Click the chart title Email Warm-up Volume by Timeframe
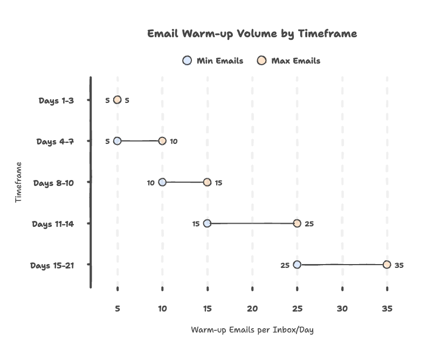(x=252, y=34)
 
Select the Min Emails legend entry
(x=213, y=61)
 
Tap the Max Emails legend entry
(x=289, y=61)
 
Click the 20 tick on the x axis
(x=252, y=309)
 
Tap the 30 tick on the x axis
(x=342, y=309)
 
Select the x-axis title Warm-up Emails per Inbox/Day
(x=252, y=330)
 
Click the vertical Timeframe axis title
(x=19, y=182)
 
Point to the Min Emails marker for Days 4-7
(x=118, y=141)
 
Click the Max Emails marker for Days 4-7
(x=162, y=141)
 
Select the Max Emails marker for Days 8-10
(x=207, y=182)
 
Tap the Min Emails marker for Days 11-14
(x=207, y=223)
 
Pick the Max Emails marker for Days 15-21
(x=387, y=264)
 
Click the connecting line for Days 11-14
(x=252, y=223)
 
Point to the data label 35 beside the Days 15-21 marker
(x=399, y=265)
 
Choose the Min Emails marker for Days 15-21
(x=297, y=265)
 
